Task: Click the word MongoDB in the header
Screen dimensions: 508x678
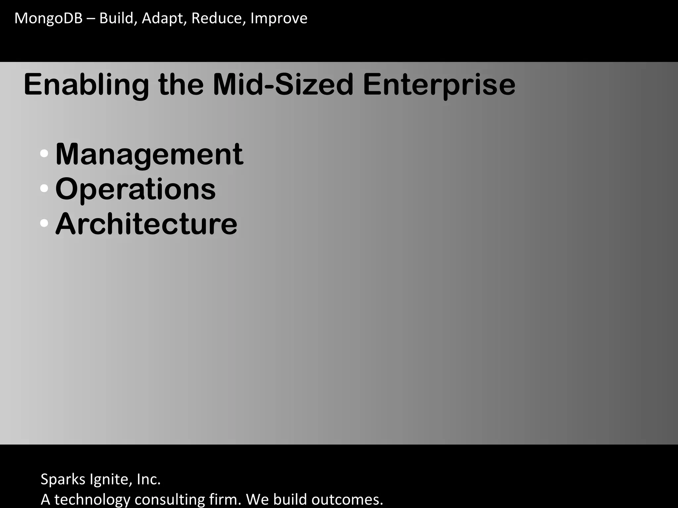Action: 48,18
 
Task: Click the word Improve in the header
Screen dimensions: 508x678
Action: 279,18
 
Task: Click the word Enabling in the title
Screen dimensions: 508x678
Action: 86,85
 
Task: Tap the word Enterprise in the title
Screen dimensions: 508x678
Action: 439,85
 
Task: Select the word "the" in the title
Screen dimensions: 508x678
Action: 181,84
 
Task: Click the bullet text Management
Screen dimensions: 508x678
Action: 149,154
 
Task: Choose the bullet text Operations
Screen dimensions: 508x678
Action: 135,189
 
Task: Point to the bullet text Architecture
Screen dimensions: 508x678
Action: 146,224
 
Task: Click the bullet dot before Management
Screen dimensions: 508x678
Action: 44,153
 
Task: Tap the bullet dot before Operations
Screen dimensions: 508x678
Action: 44,189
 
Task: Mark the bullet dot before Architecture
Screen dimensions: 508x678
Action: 44,223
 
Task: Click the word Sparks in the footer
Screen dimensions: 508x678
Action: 63,479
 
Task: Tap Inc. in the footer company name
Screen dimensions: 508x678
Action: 149,479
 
